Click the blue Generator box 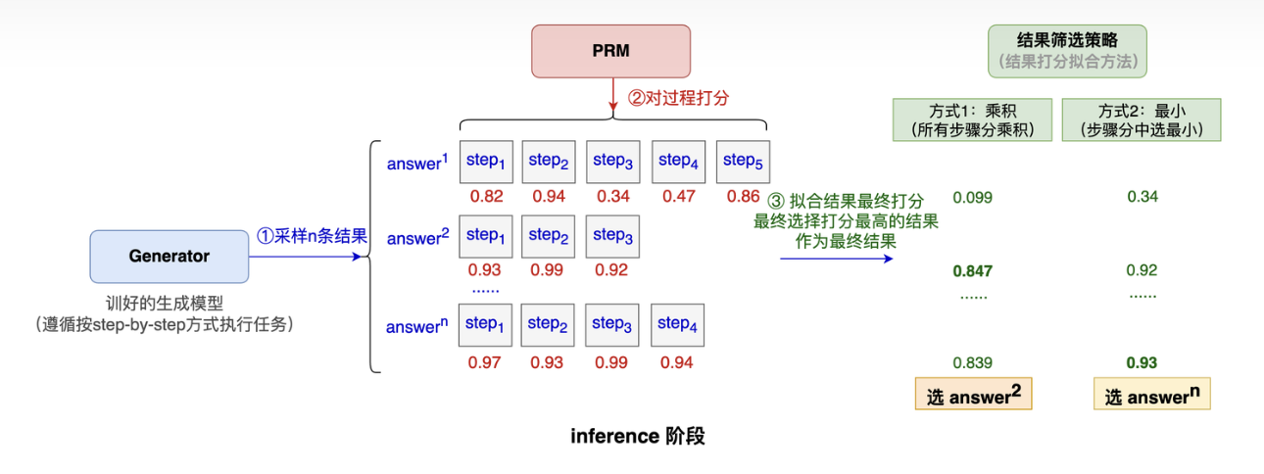pos(169,257)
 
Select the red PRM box pos(610,51)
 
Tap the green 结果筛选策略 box pos(1067,51)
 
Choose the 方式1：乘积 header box pos(971,119)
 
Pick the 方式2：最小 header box pos(1142,119)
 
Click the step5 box pos(742,162)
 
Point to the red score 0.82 pos(486,197)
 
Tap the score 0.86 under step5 pos(744,197)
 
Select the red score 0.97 pos(485,363)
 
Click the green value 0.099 pos(972,198)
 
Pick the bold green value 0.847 pos(972,270)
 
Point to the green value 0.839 pos(972,362)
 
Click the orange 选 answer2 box pos(972,395)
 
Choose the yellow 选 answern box pos(1151,395)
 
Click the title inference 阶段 pos(638,436)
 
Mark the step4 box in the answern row pos(676,324)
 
